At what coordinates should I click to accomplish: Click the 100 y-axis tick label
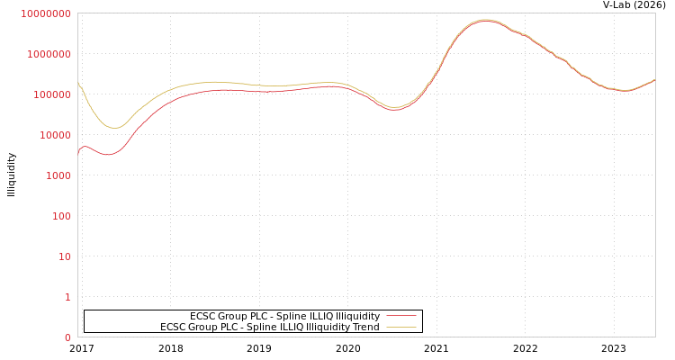coord(59,216)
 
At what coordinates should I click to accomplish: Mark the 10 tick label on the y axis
coord(64,256)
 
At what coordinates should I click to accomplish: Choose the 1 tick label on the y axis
coord(67,297)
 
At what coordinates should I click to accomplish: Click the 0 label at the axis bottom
coord(67,337)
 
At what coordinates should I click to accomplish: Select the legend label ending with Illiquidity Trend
coord(269,327)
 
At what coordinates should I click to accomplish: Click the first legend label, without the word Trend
coord(284,316)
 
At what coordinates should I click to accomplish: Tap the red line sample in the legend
coord(401,316)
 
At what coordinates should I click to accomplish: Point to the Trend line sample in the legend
coord(401,327)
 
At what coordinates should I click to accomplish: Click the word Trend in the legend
coord(365,327)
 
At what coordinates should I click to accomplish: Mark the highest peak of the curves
coord(486,20)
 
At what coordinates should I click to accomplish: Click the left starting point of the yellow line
coord(78,83)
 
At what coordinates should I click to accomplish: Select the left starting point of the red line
coord(78,153)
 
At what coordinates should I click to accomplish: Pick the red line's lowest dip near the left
coord(108,155)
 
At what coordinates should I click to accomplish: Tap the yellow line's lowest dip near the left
coord(113,128)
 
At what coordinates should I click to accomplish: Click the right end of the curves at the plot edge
coord(654,80)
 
